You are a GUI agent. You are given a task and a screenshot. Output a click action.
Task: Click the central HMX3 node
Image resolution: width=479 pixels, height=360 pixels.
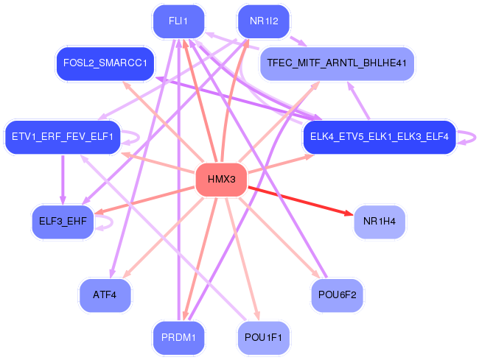pos(222,180)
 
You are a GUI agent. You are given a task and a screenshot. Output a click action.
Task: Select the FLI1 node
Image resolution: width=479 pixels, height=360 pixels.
pos(179,21)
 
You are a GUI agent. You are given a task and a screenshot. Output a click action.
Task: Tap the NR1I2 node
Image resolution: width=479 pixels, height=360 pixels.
pos(264,21)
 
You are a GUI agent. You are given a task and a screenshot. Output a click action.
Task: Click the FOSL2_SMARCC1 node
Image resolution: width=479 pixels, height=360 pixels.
pos(105,63)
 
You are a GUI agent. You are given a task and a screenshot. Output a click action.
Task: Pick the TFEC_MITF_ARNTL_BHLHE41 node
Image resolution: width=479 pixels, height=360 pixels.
pos(337,63)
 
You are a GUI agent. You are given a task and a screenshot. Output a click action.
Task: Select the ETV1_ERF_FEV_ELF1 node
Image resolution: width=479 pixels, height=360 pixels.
pos(63,137)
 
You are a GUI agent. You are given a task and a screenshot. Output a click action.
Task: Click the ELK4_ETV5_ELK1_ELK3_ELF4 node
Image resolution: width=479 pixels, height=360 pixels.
pos(380,137)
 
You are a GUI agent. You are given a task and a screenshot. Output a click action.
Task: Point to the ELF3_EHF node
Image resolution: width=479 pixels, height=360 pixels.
pos(63,222)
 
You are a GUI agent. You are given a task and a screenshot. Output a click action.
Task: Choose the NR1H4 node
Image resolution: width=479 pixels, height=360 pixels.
pos(380,222)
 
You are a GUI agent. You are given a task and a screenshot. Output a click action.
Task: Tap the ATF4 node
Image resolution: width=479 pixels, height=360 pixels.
pos(105,295)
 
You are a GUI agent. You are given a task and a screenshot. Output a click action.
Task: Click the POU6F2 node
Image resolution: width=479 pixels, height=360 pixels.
pos(338,295)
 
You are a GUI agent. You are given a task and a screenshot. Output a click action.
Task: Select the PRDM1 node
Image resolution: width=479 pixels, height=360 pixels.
pos(179,338)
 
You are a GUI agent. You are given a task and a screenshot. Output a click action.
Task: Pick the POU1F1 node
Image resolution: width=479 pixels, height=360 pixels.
pos(263,338)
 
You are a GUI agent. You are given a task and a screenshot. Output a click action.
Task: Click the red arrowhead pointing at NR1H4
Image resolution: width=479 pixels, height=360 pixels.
pos(349,213)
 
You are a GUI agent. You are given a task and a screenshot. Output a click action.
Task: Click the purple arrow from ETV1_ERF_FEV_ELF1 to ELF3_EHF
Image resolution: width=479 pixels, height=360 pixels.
pos(63,180)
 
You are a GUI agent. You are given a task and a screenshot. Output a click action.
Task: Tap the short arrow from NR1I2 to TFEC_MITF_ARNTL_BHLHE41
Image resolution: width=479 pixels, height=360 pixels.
pos(298,41)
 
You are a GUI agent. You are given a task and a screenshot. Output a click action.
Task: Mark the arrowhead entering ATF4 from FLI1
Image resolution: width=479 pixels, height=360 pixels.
pos(113,274)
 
